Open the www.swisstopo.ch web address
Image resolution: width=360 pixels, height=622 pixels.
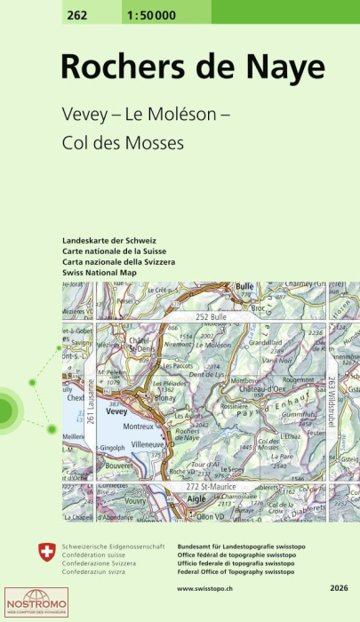click(212, 588)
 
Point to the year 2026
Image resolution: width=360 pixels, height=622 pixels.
click(339, 588)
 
